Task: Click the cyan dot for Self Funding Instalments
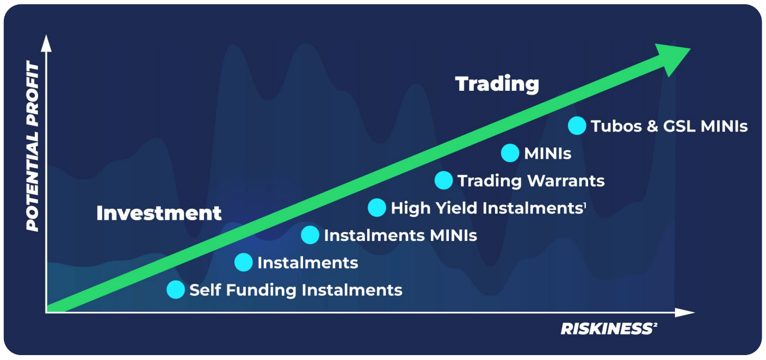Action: [x=176, y=289]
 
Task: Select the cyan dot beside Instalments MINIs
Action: [x=310, y=235]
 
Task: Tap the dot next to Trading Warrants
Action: [x=444, y=180]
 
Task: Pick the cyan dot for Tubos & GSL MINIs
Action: [x=577, y=126]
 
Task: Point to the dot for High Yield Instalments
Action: [x=376, y=207]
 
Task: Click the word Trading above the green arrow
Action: [x=497, y=84]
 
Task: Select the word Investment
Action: [x=159, y=213]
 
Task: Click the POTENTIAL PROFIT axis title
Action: [x=33, y=147]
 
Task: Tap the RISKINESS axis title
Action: [x=606, y=328]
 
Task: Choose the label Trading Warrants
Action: [x=531, y=181]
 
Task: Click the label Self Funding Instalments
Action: [x=295, y=290]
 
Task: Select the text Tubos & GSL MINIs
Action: [x=669, y=126]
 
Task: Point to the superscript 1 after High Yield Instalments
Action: [x=585, y=204]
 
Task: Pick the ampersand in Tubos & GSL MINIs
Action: [x=652, y=126]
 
